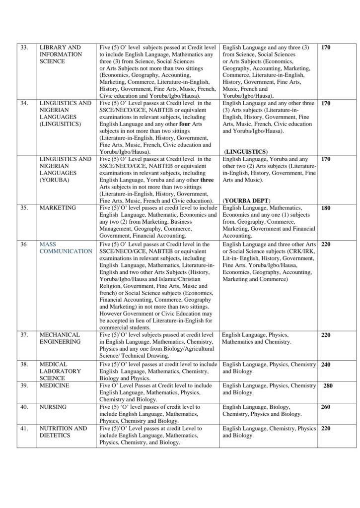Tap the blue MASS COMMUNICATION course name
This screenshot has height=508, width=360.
66,248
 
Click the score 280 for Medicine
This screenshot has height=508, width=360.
328,386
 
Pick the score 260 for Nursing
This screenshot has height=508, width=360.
326,407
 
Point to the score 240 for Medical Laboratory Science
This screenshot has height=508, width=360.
326,365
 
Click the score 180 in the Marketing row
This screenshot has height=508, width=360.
326,208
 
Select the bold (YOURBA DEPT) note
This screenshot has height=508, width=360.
247,200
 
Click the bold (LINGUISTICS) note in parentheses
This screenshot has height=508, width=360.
246,151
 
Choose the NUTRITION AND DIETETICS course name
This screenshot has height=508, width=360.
63,432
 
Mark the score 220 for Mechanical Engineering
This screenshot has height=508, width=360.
326,336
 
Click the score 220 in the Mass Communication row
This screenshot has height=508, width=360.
326,245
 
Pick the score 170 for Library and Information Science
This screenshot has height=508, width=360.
326,48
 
